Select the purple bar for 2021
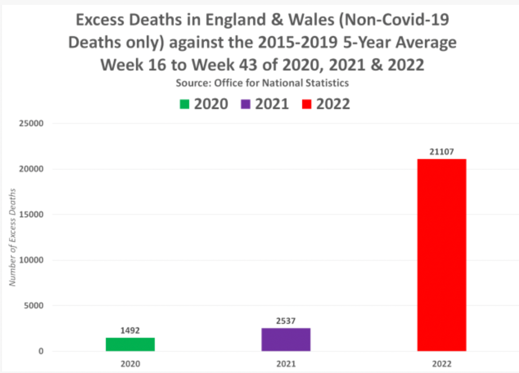286,339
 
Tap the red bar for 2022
441,255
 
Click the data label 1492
130,331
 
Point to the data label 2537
286,321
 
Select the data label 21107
441,152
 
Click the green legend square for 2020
185,104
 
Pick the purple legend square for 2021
246,104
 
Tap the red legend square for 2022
307,104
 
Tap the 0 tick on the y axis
42,351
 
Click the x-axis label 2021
286,363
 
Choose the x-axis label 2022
441,363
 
